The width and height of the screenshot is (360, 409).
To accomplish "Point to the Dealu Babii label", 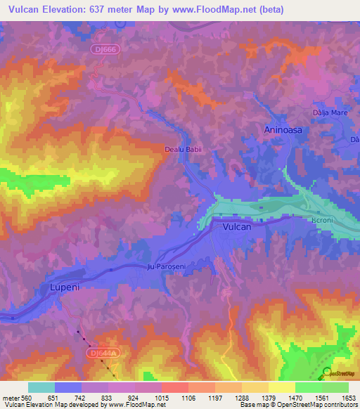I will click(x=183, y=150).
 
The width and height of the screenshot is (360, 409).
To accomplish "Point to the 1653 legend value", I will click(x=348, y=398).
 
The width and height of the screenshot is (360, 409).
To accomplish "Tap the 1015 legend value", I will click(x=161, y=398).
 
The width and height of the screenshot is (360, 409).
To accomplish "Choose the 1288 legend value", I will click(x=241, y=398).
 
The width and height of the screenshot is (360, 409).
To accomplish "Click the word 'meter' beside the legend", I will click(x=10, y=398).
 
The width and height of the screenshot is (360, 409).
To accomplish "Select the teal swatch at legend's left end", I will click(x=41, y=387).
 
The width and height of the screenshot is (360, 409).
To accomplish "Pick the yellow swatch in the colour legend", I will click(x=281, y=387).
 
